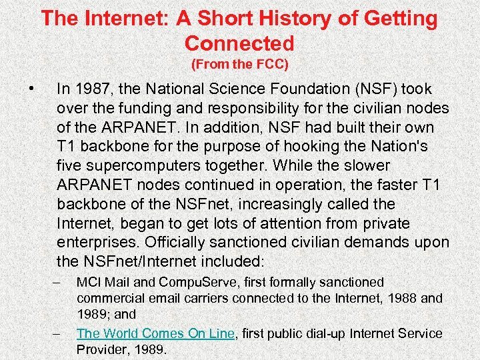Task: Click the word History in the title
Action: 260,18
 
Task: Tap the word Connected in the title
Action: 239,43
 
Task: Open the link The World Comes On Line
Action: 155,333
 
